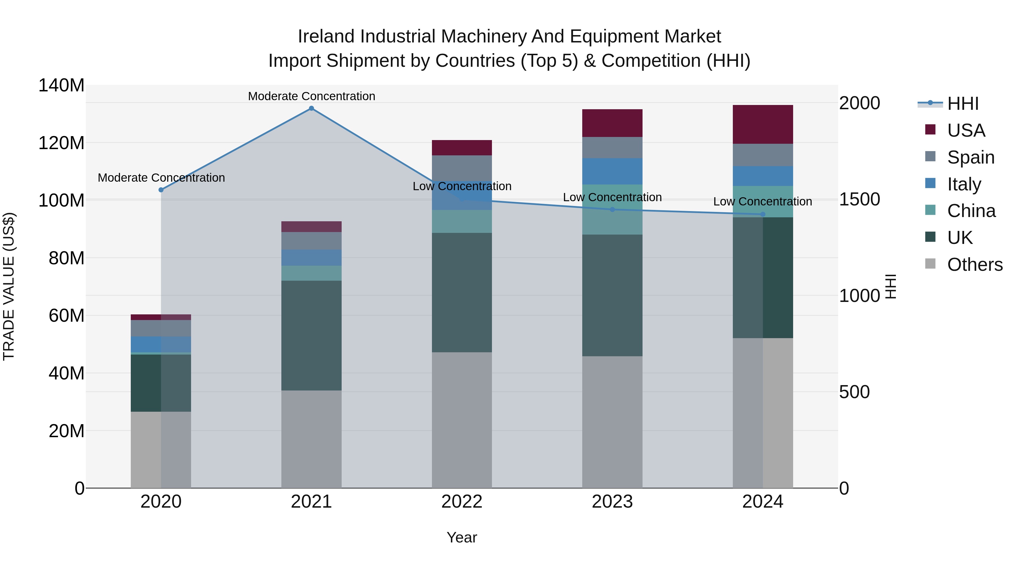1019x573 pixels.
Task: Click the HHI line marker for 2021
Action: coord(311,108)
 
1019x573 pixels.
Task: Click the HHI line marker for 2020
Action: coord(161,190)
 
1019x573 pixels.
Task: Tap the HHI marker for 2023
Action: coord(612,210)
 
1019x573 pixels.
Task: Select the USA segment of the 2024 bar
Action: coord(763,124)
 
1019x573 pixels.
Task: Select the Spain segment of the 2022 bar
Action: coord(462,168)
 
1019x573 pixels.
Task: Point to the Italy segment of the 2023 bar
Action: coord(612,171)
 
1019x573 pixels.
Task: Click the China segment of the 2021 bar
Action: coord(311,273)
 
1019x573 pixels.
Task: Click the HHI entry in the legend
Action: coord(962,104)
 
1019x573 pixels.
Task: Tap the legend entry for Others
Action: coord(974,265)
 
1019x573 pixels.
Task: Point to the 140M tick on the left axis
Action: coord(61,85)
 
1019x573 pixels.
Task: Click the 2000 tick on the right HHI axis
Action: coord(859,103)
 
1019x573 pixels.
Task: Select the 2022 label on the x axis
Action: coord(462,502)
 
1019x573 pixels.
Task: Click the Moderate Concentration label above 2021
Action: coord(311,96)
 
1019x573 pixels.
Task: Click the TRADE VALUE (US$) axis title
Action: coord(9,286)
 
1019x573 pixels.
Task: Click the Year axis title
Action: coord(462,537)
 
